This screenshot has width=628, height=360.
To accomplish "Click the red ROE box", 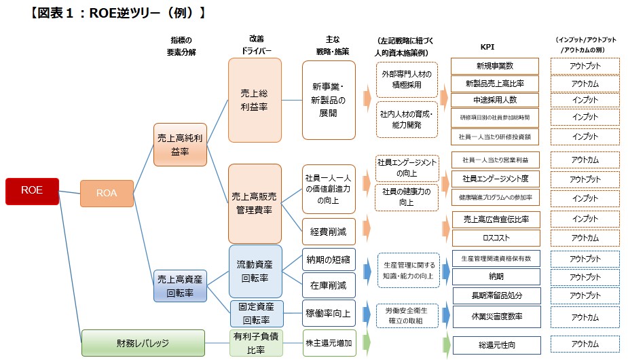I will (x=33, y=191).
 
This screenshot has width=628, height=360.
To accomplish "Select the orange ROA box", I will (x=107, y=193).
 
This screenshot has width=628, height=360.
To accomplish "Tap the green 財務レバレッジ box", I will (x=143, y=343).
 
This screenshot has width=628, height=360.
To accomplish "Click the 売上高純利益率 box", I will (x=180, y=145).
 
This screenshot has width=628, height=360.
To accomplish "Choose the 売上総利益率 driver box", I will (x=255, y=100).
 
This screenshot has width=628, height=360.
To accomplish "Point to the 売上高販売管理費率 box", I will (x=255, y=203).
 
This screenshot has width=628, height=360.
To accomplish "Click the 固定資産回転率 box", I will (x=255, y=314).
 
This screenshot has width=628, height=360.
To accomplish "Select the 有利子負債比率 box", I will (x=255, y=343).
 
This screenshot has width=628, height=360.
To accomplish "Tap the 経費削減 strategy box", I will (x=329, y=232).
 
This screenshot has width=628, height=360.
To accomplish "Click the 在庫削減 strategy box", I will (x=329, y=285).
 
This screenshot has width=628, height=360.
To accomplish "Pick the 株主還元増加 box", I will (x=329, y=343).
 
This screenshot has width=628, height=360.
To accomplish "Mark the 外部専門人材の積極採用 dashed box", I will (x=406, y=79).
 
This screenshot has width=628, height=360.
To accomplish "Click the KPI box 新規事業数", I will (x=494, y=66).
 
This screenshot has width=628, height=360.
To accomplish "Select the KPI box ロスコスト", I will (x=494, y=238).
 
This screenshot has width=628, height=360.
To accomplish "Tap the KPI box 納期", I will (x=494, y=277).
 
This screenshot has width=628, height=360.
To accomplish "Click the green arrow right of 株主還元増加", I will (x=367, y=343).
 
